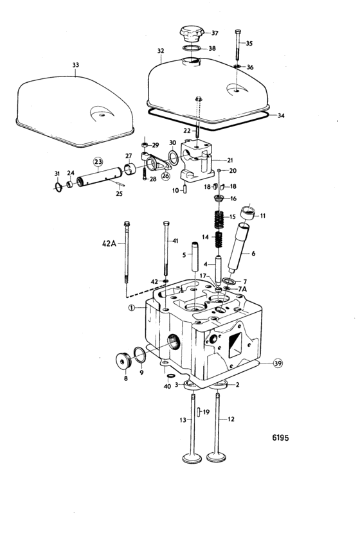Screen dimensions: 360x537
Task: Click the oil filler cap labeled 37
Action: (192, 33)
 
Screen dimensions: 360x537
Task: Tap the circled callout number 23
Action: (98, 162)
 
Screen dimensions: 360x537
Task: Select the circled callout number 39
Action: (278, 363)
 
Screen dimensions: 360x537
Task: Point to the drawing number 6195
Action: (280, 437)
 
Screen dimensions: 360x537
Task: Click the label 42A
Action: (109, 243)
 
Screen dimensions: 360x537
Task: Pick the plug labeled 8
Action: (123, 360)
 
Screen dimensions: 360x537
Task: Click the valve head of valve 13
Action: (192, 458)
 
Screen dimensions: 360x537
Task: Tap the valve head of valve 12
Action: (216, 457)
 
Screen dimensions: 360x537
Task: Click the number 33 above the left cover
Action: (75, 65)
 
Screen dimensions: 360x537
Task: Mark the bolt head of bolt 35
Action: (238, 32)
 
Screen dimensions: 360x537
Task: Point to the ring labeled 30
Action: (173, 157)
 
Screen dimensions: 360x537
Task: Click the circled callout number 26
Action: (166, 177)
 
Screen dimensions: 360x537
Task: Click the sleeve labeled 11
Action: (248, 213)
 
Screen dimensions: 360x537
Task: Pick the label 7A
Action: (242, 289)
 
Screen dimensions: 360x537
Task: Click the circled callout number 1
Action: (131, 308)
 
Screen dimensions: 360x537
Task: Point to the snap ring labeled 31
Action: (59, 188)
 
